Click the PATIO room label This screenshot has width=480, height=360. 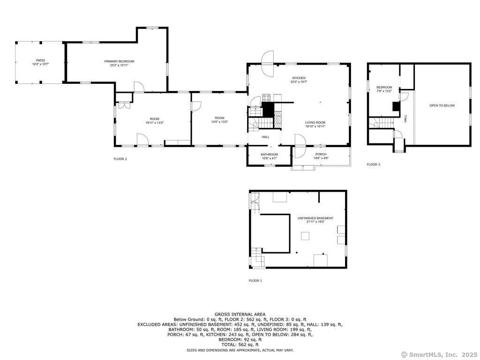pos(40,60)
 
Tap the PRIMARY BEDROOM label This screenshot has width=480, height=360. pos(119,61)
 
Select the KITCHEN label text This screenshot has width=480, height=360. pos(299,78)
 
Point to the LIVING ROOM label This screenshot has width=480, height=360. pos(315,122)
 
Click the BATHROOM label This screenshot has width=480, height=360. pos(269,155)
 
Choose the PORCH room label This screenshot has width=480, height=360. pos(321,154)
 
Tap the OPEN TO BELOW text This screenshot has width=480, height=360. pos(442,105)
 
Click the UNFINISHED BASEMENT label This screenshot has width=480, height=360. pos(315,218)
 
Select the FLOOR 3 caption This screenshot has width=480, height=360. pos(374,165)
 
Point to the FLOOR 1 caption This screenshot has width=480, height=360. pos(255,280)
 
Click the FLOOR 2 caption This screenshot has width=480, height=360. pos(120,159)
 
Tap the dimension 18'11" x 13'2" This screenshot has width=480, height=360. pos(155,123)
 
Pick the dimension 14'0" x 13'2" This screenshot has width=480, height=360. pos(219,122)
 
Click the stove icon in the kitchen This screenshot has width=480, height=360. pos(266,97)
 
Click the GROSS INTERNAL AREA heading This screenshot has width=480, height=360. pos(240,315)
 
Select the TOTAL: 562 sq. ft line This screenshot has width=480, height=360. pos(240,345)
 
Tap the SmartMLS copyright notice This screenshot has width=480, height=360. pos(439,354)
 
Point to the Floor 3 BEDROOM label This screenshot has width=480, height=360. pos(384,88)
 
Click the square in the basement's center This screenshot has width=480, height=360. pos(305,236)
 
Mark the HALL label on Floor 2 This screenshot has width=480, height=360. pos(265,137)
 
